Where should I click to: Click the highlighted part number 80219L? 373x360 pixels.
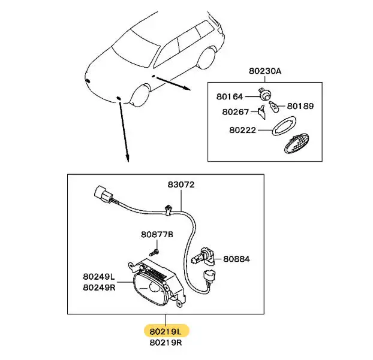[x=166, y=331]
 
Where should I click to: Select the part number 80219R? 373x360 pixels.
[x=166, y=343]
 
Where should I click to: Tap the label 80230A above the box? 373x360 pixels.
[x=265, y=71]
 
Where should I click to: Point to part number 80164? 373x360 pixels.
[x=230, y=96]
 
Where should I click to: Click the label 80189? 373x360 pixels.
[x=300, y=106]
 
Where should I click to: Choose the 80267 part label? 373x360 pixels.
[x=235, y=111]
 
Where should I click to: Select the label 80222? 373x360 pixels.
[x=242, y=130]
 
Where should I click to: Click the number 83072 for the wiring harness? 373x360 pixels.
[x=181, y=184]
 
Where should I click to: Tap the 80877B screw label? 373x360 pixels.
[x=157, y=235]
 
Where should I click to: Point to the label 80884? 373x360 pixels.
[x=236, y=259]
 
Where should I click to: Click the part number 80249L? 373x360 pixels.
[x=99, y=277]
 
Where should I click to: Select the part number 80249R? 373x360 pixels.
[x=99, y=288]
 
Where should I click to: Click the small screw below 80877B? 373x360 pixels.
[x=154, y=252]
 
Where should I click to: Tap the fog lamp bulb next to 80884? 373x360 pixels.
[x=203, y=258]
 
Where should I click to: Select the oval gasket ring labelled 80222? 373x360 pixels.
[x=284, y=126]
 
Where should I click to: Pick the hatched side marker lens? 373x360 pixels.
[x=296, y=143]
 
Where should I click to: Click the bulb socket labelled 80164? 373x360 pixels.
[x=265, y=94]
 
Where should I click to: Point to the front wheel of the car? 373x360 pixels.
[x=142, y=95]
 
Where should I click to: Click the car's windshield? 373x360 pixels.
[x=136, y=49]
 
